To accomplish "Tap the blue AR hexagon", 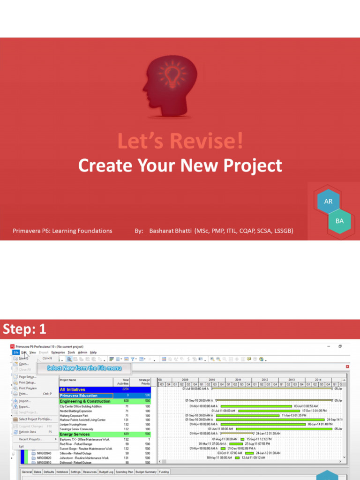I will point(328,202).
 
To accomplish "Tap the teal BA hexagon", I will point(340,221).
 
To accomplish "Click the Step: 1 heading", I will point(25,330).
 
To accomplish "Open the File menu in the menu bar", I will point(15,352).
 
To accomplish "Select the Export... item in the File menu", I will point(24,407).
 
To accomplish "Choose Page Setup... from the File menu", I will point(27,377).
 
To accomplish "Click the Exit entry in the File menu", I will point(21,446).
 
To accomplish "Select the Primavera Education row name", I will point(78,396).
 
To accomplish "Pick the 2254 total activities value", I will point(125,389).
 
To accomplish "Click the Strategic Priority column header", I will point(144,382).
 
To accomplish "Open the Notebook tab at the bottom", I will point(62,472).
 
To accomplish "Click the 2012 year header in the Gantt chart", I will point(265,380).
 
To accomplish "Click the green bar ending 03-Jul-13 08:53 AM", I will point(256,406).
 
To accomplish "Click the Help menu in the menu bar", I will point(93,352).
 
